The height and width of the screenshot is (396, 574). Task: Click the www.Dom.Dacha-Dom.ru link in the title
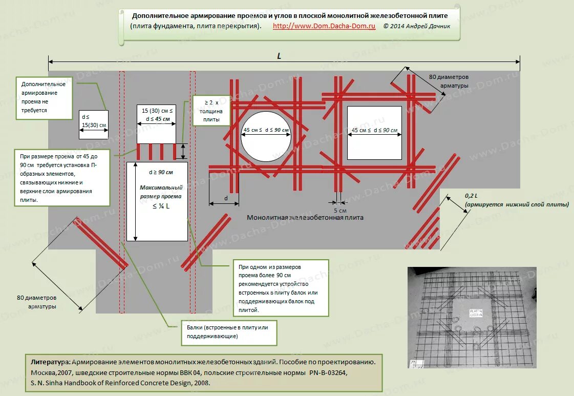point(324,26)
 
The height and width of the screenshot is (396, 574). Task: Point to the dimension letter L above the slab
point(279,56)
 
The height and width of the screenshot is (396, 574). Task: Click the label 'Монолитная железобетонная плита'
point(305,217)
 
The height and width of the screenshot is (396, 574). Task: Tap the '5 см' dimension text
point(339,211)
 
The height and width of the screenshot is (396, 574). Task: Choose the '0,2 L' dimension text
point(471,196)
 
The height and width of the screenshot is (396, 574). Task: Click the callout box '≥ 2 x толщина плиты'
point(208,111)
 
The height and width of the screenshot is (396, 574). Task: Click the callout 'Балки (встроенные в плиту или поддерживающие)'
point(228,331)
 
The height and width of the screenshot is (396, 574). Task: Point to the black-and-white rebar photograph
point(472,317)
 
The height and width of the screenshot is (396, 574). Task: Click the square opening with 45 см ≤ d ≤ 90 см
point(375,133)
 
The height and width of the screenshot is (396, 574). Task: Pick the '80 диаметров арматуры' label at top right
point(449,81)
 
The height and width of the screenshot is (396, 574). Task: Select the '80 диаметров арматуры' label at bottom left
point(36,302)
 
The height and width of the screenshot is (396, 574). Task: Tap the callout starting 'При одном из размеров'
point(280,288)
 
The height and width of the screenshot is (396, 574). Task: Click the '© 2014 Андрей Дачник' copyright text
point(417,26)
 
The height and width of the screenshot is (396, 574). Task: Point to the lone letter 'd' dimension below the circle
point(226,198)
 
